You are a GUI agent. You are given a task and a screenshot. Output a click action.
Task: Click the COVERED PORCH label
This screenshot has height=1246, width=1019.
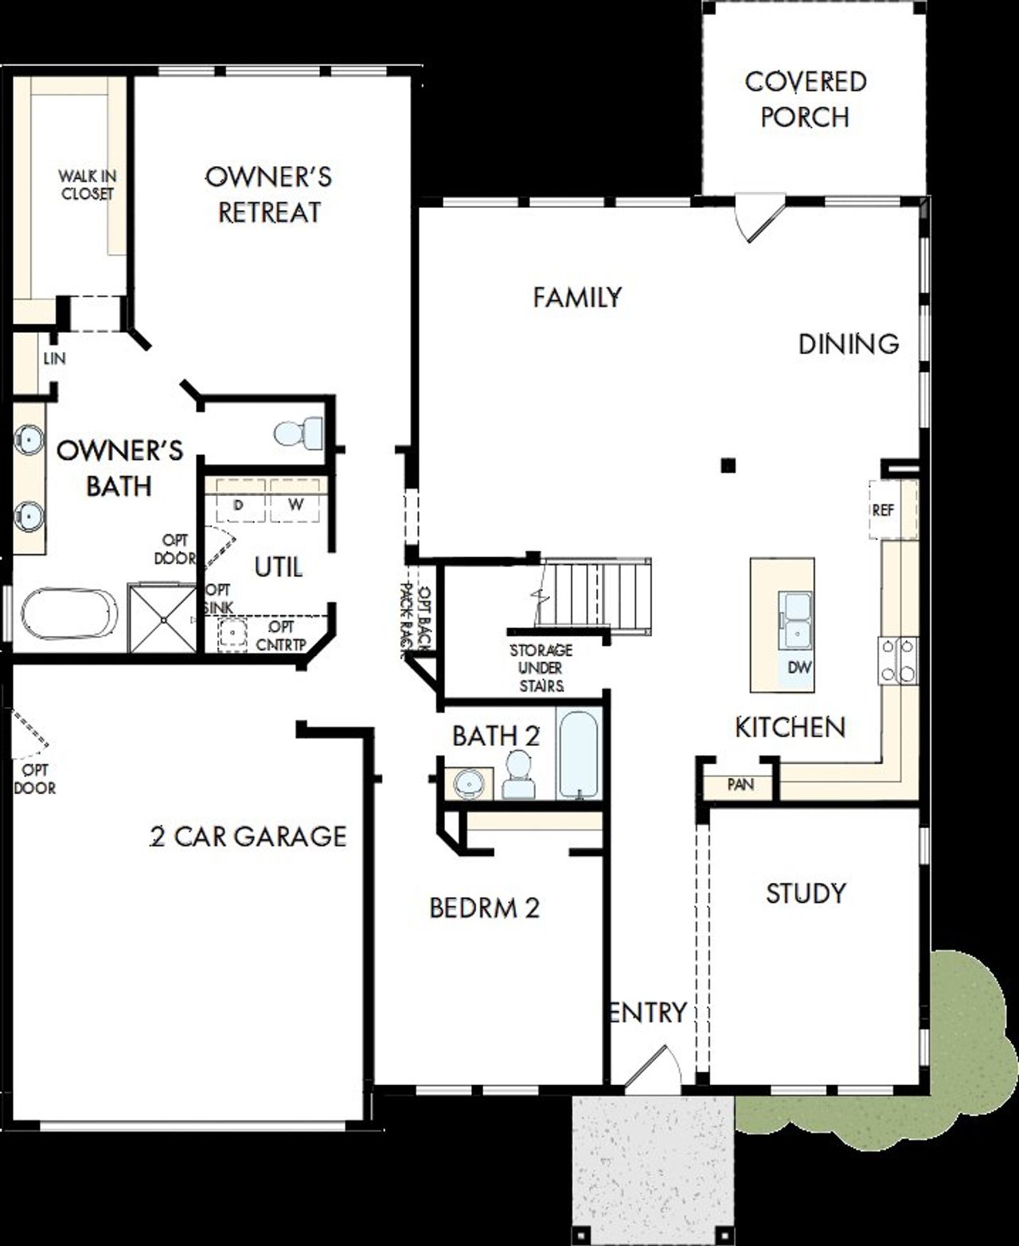[805, 100]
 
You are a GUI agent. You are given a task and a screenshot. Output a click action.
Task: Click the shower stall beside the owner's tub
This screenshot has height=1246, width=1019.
[162, 618]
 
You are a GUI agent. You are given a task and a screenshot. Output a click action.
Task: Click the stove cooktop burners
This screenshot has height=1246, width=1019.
[898, 661]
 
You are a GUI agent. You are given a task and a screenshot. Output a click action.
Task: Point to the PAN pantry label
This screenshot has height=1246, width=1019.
[740, 784]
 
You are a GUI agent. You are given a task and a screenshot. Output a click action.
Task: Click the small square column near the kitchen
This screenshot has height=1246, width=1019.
[728, 466]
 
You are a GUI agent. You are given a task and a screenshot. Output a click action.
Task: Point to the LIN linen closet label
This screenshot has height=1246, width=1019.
[54, 358]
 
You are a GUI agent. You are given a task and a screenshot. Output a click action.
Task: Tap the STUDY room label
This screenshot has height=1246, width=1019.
[806, 893]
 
